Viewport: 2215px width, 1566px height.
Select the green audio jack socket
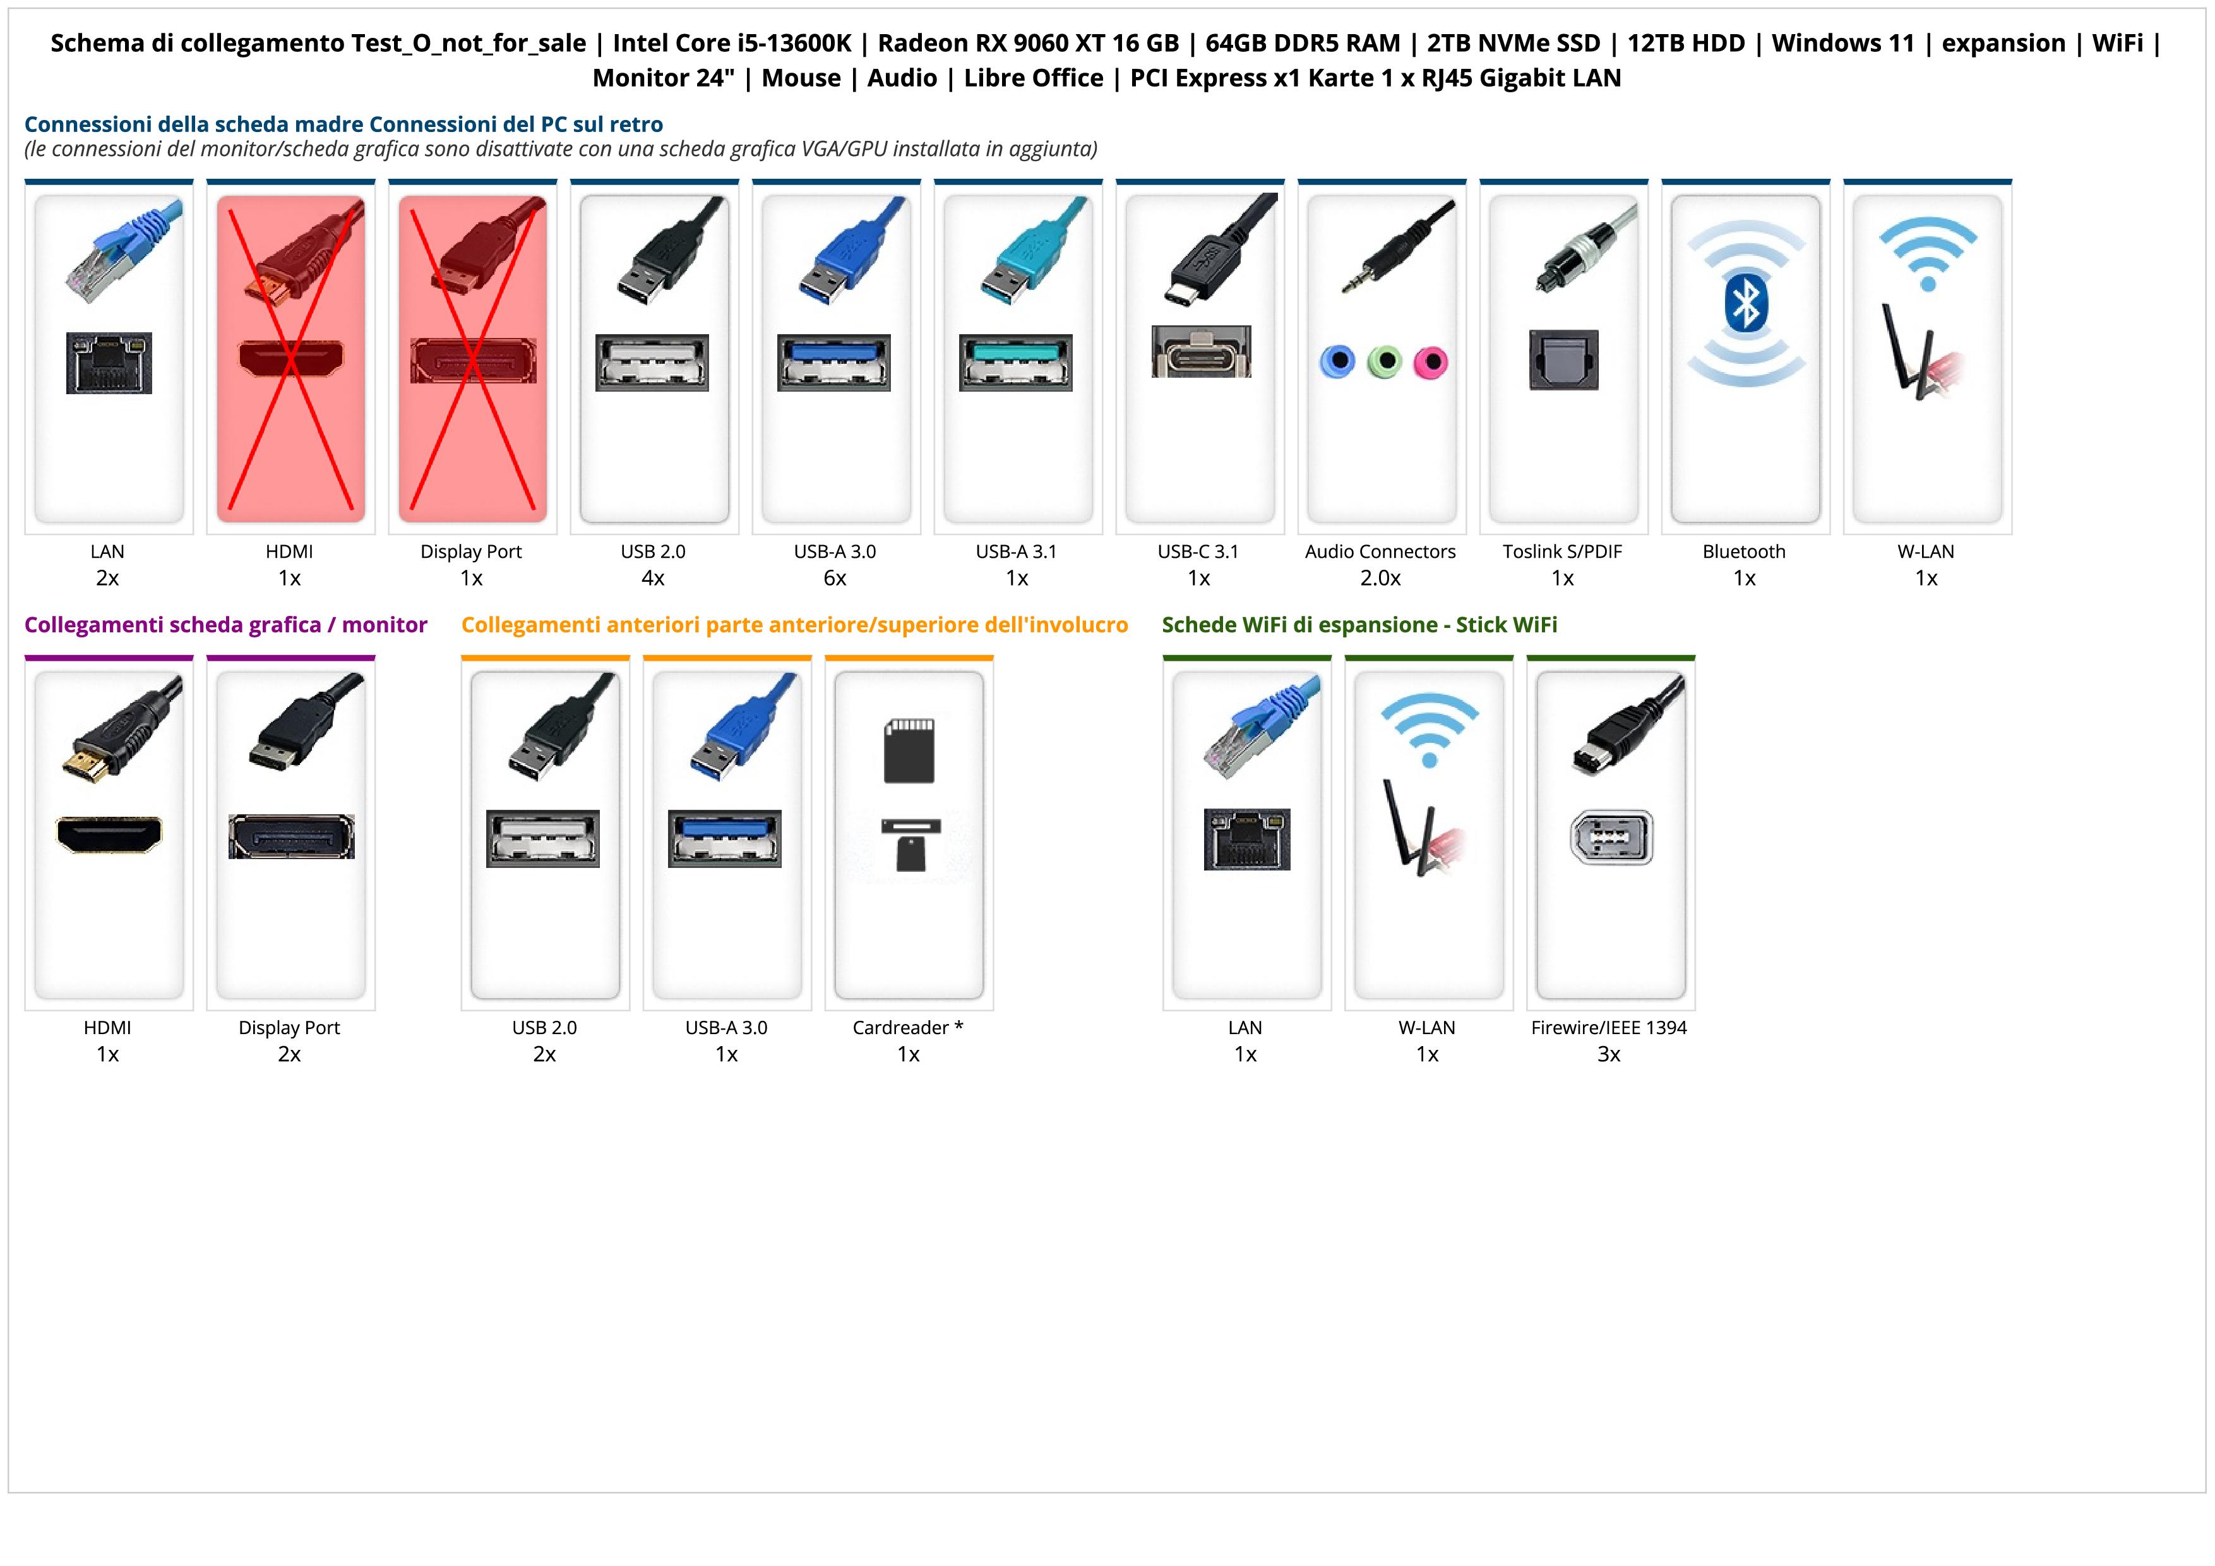pos(1384,362)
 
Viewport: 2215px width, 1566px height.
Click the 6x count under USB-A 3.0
pos(835,578)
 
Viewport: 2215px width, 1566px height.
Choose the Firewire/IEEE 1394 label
pos(1608,1028)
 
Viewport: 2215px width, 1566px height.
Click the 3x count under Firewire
pos(1608,1054)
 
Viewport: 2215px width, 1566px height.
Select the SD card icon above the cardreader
pos(909,750)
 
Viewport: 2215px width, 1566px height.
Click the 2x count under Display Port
pos(289,1054)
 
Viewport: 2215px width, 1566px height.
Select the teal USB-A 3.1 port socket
pos(1016,362)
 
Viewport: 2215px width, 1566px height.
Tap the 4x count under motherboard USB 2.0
pos(653,578)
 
